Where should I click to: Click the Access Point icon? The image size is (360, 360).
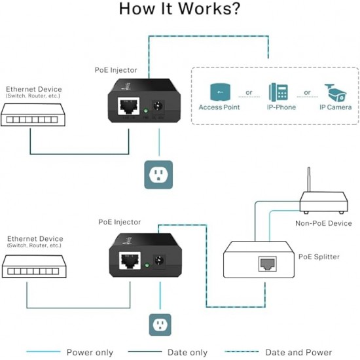tap(220, 92)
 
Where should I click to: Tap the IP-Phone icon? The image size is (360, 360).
tap(278, 92)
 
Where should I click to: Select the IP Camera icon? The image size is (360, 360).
tap(336, 93)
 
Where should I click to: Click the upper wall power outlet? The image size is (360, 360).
tap(158, 175)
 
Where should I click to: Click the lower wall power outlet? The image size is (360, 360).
tap(160, 325)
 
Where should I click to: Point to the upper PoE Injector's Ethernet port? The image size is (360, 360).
tap(128, 106)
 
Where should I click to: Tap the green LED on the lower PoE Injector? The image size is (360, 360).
tap(147, 265)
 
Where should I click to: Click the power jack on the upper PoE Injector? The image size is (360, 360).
tap(158, 107)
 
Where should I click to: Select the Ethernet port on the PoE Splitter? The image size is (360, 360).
tap(268, 264)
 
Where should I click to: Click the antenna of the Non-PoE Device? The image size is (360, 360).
tap(309, 179)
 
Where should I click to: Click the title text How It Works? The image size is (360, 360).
tap(179, 9)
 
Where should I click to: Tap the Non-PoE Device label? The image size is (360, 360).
tap(323, 223)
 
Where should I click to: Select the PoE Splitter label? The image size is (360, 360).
tap(319, 257)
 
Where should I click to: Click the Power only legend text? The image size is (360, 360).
tap(90, 352)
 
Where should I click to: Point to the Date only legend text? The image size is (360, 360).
tap(187, 352)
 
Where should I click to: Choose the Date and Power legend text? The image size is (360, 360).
tap(298, 352)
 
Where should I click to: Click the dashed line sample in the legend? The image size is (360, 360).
tap(242, 351)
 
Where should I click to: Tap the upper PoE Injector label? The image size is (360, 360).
tap(116, 70)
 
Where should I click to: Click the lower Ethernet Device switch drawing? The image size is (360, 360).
tap(34, 266)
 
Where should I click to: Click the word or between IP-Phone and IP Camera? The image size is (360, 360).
tap(307, 92)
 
